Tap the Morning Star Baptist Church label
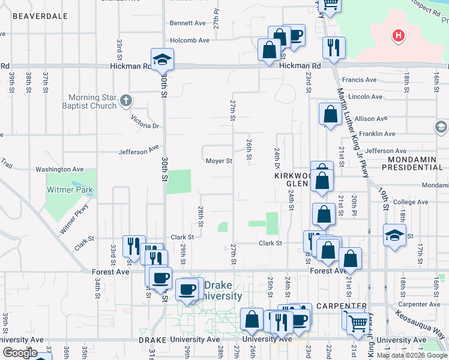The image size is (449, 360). (92, 102)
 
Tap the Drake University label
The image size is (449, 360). (222, 290)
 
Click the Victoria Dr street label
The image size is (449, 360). (147, 126)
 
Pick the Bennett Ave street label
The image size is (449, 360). (187, 23)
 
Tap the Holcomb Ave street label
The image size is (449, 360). (189, 40)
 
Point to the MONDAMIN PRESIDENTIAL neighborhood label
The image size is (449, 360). (415, 164)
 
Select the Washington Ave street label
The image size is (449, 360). (59, 170)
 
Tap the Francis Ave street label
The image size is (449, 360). (358, 80)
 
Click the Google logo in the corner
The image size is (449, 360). (20, 353)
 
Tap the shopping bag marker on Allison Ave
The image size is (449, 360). (330, 113)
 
